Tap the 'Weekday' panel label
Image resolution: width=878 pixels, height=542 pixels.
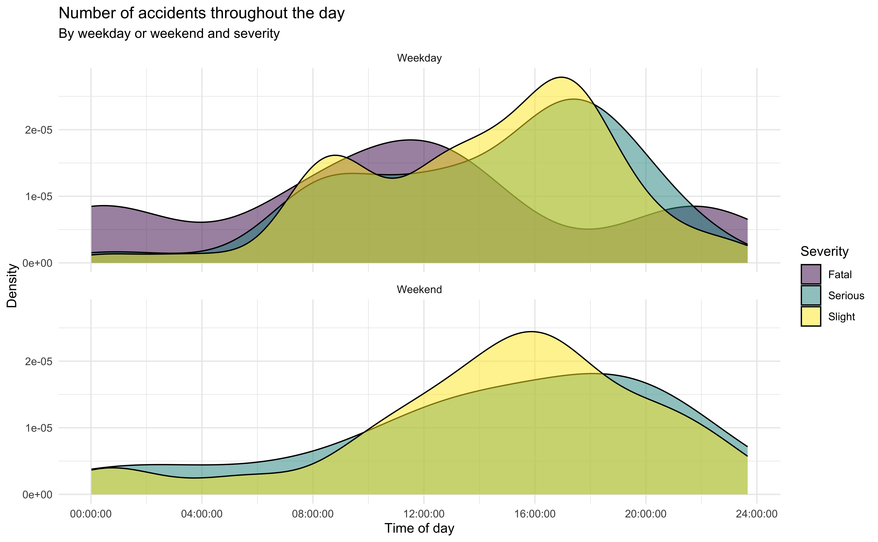click(x=419, y=58)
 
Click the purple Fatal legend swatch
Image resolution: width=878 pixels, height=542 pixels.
click(x=811, y=274)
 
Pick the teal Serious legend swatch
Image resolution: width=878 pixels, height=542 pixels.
click(x=811, y=295)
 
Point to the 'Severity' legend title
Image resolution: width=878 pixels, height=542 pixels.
click(x=824, y=252)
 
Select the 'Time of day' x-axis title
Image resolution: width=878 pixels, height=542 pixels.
click(x=419, y=528)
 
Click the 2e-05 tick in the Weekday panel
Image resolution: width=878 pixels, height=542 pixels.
click(x=38, y=130)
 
